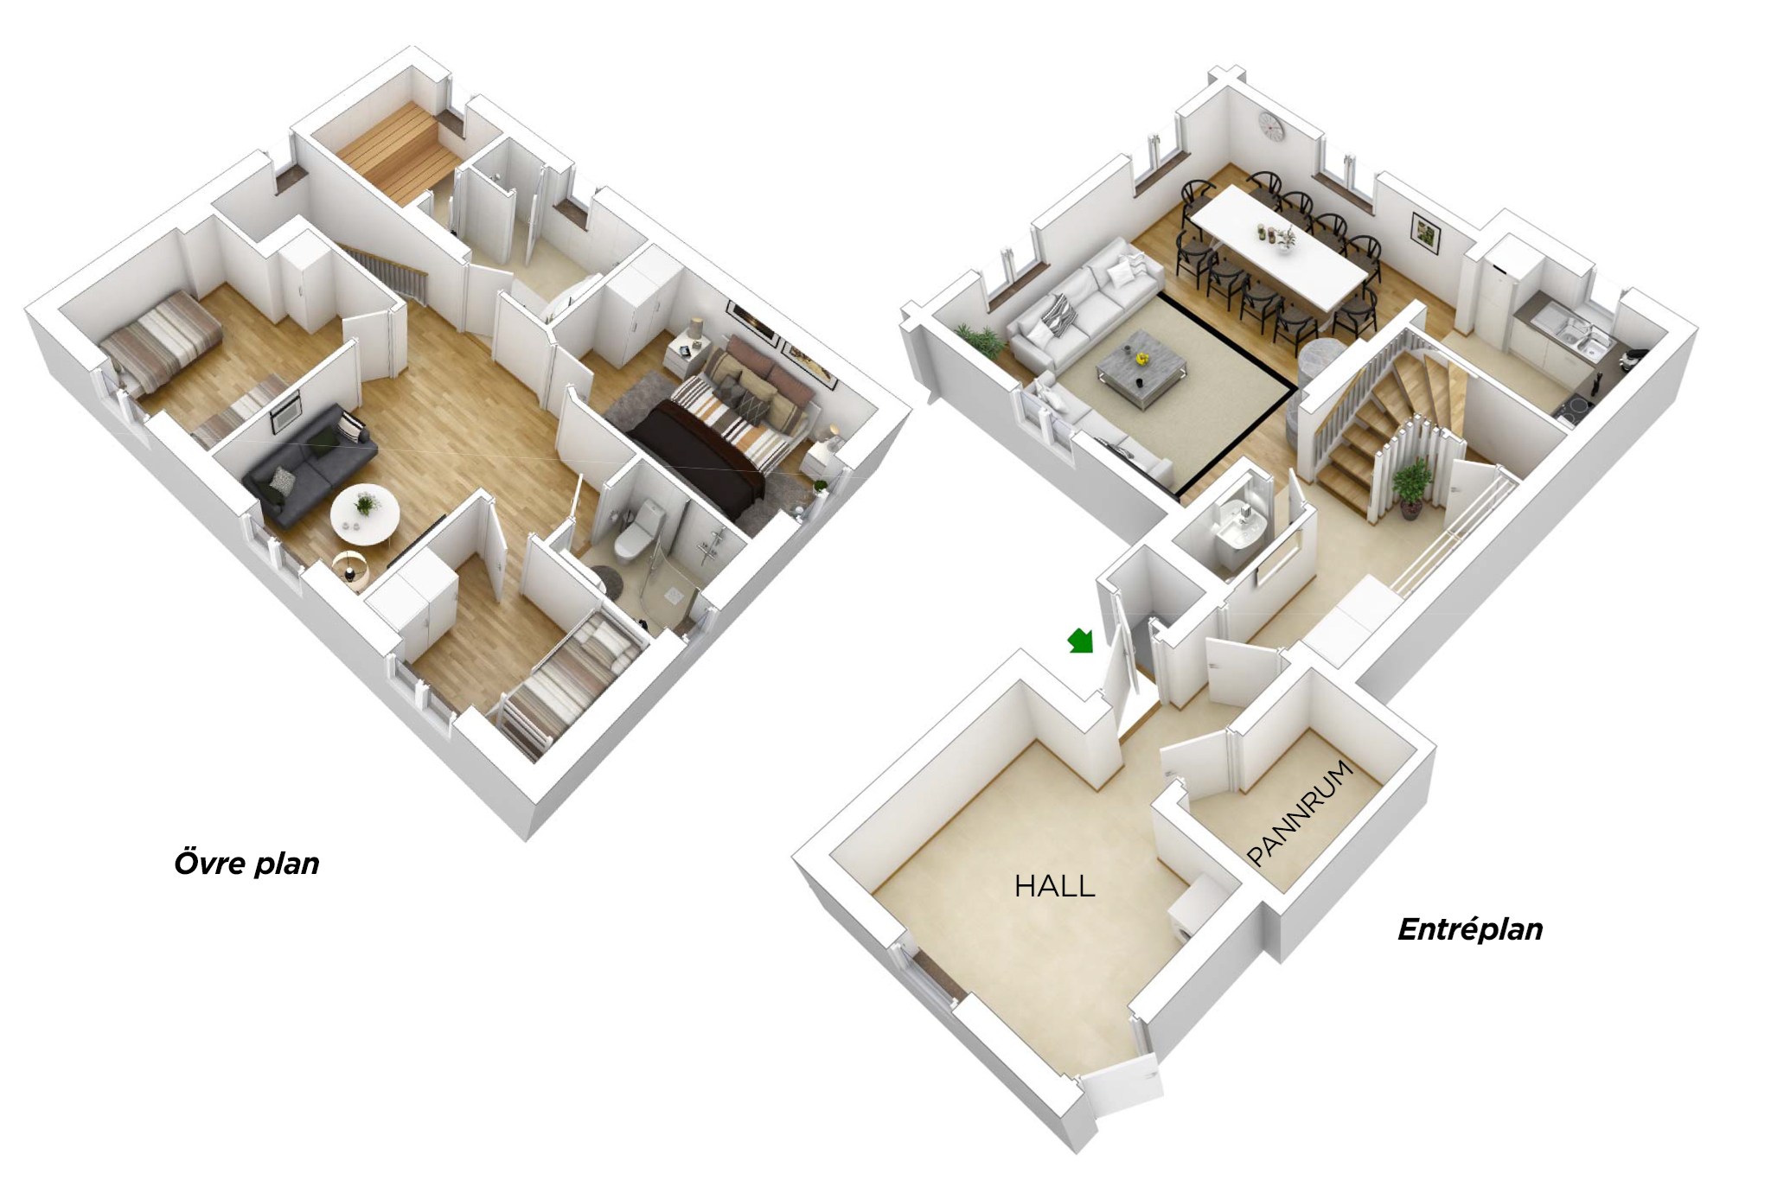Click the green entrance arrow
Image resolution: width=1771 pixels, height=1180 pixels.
coord(1082,641)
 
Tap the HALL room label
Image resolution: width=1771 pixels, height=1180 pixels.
coord(1054,886)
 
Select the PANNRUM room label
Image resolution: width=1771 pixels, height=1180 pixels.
coord(1300,813)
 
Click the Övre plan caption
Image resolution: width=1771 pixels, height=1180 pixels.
coord(246,863)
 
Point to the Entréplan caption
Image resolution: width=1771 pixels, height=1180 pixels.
coord(1470,929)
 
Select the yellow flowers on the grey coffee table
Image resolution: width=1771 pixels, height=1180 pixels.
coord(1141,355)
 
